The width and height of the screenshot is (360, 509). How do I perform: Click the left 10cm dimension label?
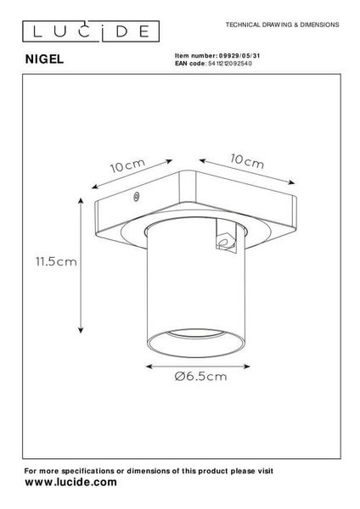pos(128,165)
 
